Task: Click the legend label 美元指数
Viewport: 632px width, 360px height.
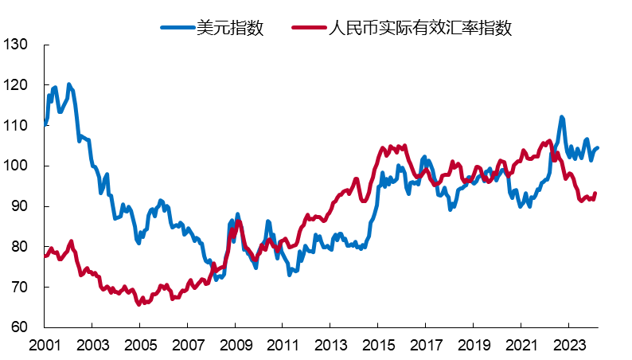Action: [230, 27]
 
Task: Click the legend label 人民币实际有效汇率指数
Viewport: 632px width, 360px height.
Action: [419, 27]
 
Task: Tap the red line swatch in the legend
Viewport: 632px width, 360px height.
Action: [309, 27]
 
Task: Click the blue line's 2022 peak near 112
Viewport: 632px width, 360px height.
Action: [561, 118]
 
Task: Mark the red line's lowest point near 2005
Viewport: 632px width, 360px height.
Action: [139, 303]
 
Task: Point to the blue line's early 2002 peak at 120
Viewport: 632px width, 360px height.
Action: [69, 84]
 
